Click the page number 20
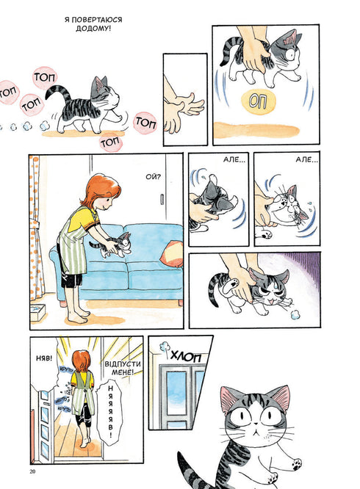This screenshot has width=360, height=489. tap(33, 471)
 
